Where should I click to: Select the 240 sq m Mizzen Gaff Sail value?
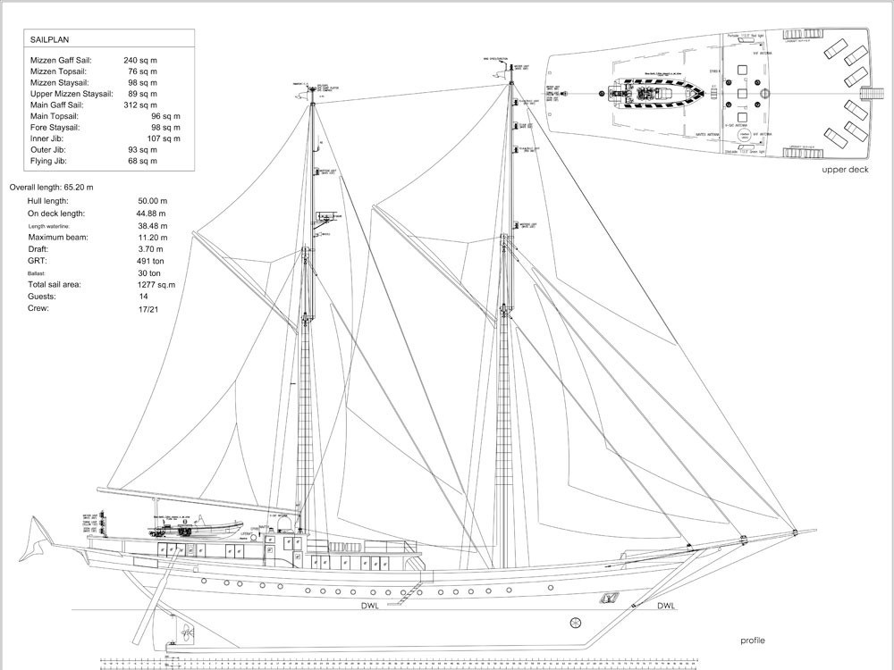(140, 60)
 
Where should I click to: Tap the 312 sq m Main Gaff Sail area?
(140, 105)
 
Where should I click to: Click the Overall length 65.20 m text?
(51, 188)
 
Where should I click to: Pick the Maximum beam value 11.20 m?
(152, 238)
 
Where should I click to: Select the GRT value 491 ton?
(150, 261)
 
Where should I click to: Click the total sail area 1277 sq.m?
(156, 284)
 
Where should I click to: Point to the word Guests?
(42, 296)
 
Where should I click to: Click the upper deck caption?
(845, 169)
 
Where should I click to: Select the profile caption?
(752, 641)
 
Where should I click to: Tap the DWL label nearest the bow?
(666, 607)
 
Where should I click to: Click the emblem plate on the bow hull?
(609, 597)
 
